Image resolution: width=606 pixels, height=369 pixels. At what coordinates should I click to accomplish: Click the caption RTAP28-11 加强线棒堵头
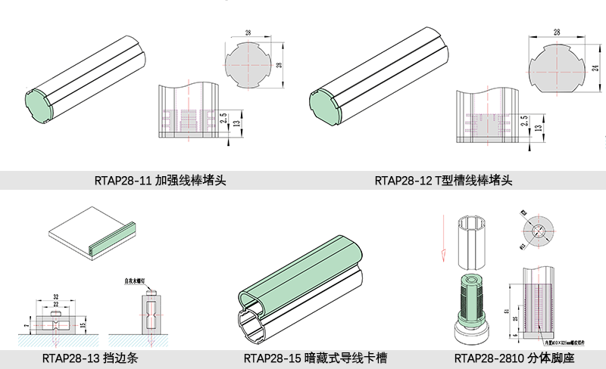[161, 181]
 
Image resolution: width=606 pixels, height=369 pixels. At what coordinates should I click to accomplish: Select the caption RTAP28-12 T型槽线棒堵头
[444, 181]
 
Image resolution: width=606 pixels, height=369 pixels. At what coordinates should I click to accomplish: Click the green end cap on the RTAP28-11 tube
[35, 105]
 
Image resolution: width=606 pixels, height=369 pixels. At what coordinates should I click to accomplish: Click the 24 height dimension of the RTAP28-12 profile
[596, 68]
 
